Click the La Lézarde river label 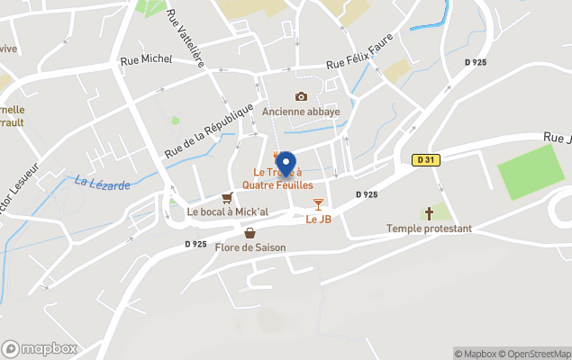pos(103,183)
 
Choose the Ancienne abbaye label pos(301,112)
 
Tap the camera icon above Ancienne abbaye pos(301,96)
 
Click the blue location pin pos(286,164)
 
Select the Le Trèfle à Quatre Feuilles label pos(277,178)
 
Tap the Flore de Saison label pos(250,247)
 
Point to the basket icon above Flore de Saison pos(250,233)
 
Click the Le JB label pos(318,219)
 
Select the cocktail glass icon pos(318,204)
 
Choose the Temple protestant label pos(429,229)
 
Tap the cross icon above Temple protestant pos(429,213)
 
